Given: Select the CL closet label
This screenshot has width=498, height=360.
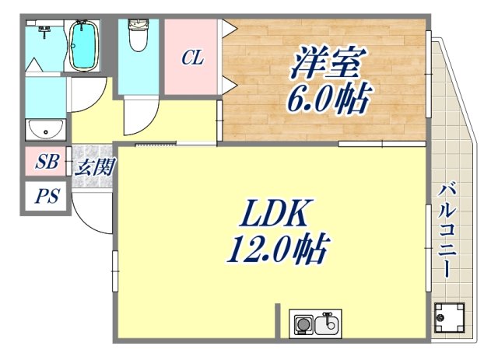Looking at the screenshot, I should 192,58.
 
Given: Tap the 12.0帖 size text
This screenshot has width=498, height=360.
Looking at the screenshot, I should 277,250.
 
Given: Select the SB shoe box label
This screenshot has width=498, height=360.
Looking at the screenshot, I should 47,163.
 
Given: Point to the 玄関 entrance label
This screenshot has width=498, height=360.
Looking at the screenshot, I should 94,166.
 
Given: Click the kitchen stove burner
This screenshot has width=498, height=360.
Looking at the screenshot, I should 303,322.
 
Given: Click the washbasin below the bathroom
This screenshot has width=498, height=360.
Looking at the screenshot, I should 37,128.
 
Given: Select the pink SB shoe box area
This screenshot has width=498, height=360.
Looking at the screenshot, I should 47,163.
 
